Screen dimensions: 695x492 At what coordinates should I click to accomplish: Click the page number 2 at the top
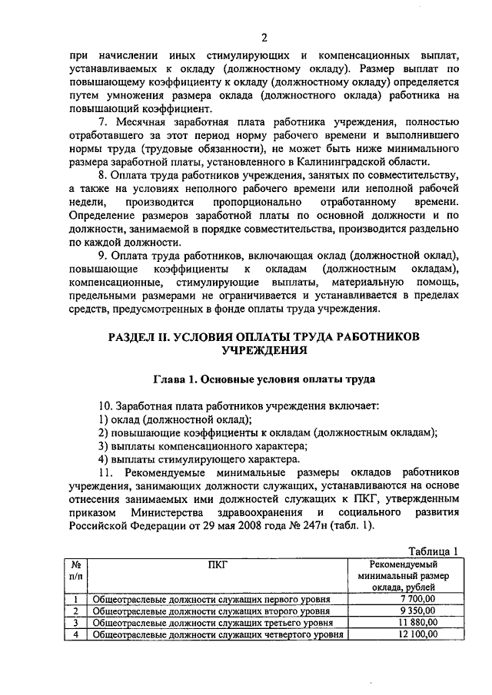tap(264, 38)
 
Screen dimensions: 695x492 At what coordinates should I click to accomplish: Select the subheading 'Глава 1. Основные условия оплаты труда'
tap(264, 378)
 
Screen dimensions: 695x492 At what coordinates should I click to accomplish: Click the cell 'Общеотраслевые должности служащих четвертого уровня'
tap(218, 635)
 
